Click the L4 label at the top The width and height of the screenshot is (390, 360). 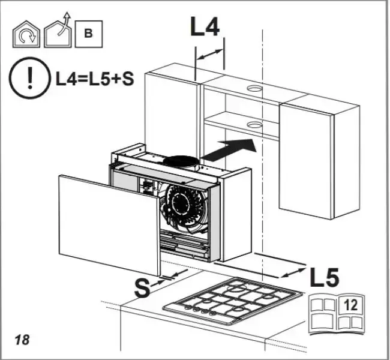tap(205, 27)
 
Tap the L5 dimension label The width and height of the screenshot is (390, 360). tap(325, 277)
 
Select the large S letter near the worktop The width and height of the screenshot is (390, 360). tap(142, 288)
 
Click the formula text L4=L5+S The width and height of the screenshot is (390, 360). tap(94, 79)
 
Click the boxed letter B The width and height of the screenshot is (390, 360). tap(88, 33)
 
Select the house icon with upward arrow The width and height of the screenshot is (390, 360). tap(58, 32)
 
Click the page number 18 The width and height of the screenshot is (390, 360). tap(22, 340)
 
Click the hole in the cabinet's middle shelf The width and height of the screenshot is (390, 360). tap(254, 125)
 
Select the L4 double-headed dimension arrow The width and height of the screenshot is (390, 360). tap(209, 55)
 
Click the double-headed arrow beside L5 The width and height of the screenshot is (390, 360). tap(293, 272)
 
